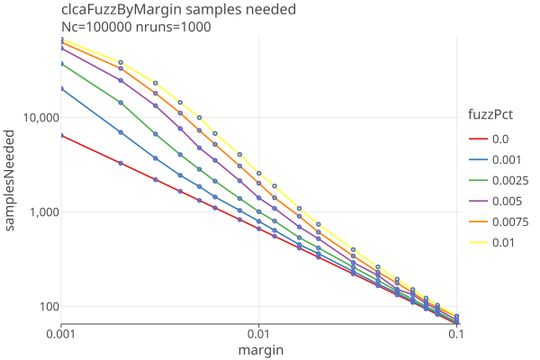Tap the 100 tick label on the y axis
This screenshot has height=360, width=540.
point(47,307)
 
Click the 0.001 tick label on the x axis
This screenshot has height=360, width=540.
point(61,333)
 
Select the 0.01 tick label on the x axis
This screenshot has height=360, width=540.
point(259,333)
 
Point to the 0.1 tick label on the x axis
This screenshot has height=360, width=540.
point(456,333)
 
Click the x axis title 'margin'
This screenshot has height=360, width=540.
point(258,349)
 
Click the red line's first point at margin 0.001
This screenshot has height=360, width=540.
point(61,135)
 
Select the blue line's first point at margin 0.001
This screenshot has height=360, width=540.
point(61,88)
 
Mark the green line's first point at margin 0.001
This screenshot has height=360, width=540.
point(61,64)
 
